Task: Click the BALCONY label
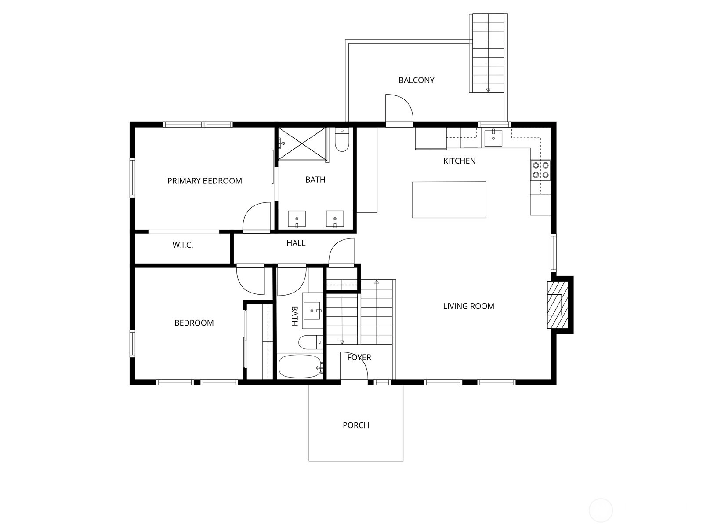416,80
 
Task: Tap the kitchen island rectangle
449,200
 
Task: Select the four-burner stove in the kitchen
540,170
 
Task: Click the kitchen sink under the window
493,138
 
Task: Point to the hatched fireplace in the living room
558,304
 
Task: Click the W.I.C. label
182,245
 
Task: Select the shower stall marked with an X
302,143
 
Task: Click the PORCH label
356,425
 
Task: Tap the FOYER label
359,357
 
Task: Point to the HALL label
296,243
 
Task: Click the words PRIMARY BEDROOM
205,181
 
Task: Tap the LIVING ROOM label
468,306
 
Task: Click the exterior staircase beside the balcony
488,53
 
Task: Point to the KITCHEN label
459,161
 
